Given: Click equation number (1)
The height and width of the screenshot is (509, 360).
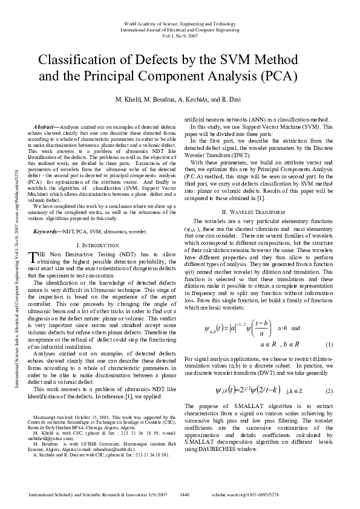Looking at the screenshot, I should (329, 345).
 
